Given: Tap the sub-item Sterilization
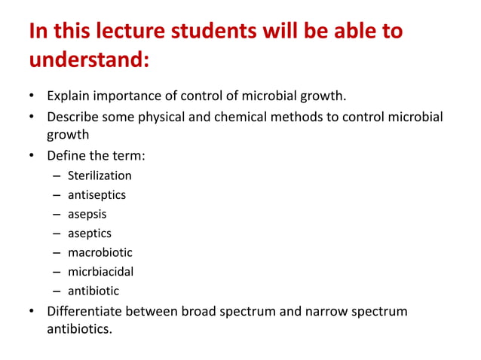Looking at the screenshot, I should tap(100, 175).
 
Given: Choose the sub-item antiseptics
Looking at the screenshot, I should tap(97, 195).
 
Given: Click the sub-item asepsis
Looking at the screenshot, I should tap(87, 214).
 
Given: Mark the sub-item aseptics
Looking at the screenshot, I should tap(90, 233).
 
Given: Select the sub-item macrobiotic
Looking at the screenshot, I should tap(100, 252).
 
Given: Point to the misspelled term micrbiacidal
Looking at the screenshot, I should tap(100, 271).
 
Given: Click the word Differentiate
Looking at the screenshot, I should tap(86, 310).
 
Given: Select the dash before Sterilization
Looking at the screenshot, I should tap(57, 175).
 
